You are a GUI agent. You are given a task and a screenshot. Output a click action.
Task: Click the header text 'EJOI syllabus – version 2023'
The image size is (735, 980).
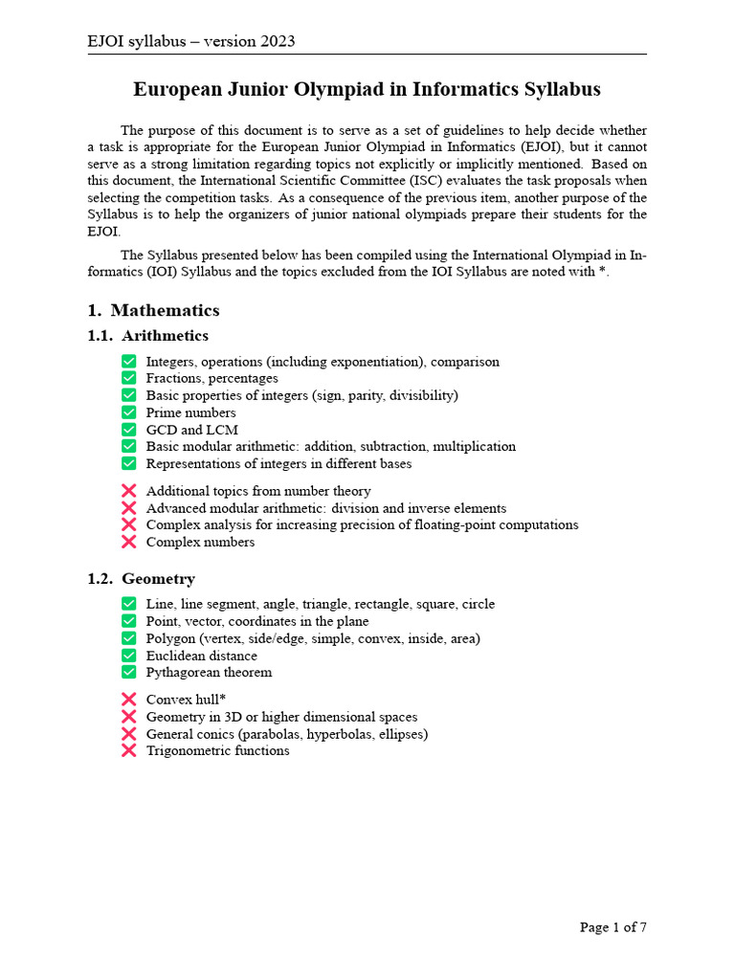190,41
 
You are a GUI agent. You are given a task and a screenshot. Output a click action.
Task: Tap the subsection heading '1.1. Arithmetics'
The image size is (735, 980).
147,336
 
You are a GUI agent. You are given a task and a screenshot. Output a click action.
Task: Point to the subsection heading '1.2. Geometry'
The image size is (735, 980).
141,579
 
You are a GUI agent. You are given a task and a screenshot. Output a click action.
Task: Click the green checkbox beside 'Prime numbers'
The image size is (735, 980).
129,412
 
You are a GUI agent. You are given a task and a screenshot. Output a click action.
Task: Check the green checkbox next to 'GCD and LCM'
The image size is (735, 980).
129,430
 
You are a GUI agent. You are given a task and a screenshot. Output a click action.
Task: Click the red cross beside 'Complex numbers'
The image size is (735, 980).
129,543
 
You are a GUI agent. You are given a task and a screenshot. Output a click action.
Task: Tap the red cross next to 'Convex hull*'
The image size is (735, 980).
129,700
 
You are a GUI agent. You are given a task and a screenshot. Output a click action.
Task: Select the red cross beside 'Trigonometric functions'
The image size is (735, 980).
129,751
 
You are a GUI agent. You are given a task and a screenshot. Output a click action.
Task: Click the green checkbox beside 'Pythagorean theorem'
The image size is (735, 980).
129,672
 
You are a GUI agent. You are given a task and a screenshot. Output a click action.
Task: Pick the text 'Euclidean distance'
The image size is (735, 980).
201,656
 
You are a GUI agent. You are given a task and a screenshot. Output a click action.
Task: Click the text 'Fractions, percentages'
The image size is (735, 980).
212,379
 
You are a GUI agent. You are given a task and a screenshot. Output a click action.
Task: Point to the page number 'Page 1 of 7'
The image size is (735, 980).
612,927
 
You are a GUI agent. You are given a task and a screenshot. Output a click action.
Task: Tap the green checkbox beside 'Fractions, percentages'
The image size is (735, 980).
129,379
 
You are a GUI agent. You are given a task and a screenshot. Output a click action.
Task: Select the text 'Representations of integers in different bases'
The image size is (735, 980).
278,464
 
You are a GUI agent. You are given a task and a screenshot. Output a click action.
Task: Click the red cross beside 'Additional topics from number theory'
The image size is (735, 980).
129,491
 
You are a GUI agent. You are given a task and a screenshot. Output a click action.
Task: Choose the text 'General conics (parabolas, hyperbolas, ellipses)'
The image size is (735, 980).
287,734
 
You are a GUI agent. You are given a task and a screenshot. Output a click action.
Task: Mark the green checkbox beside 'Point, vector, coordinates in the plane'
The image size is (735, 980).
129,621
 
